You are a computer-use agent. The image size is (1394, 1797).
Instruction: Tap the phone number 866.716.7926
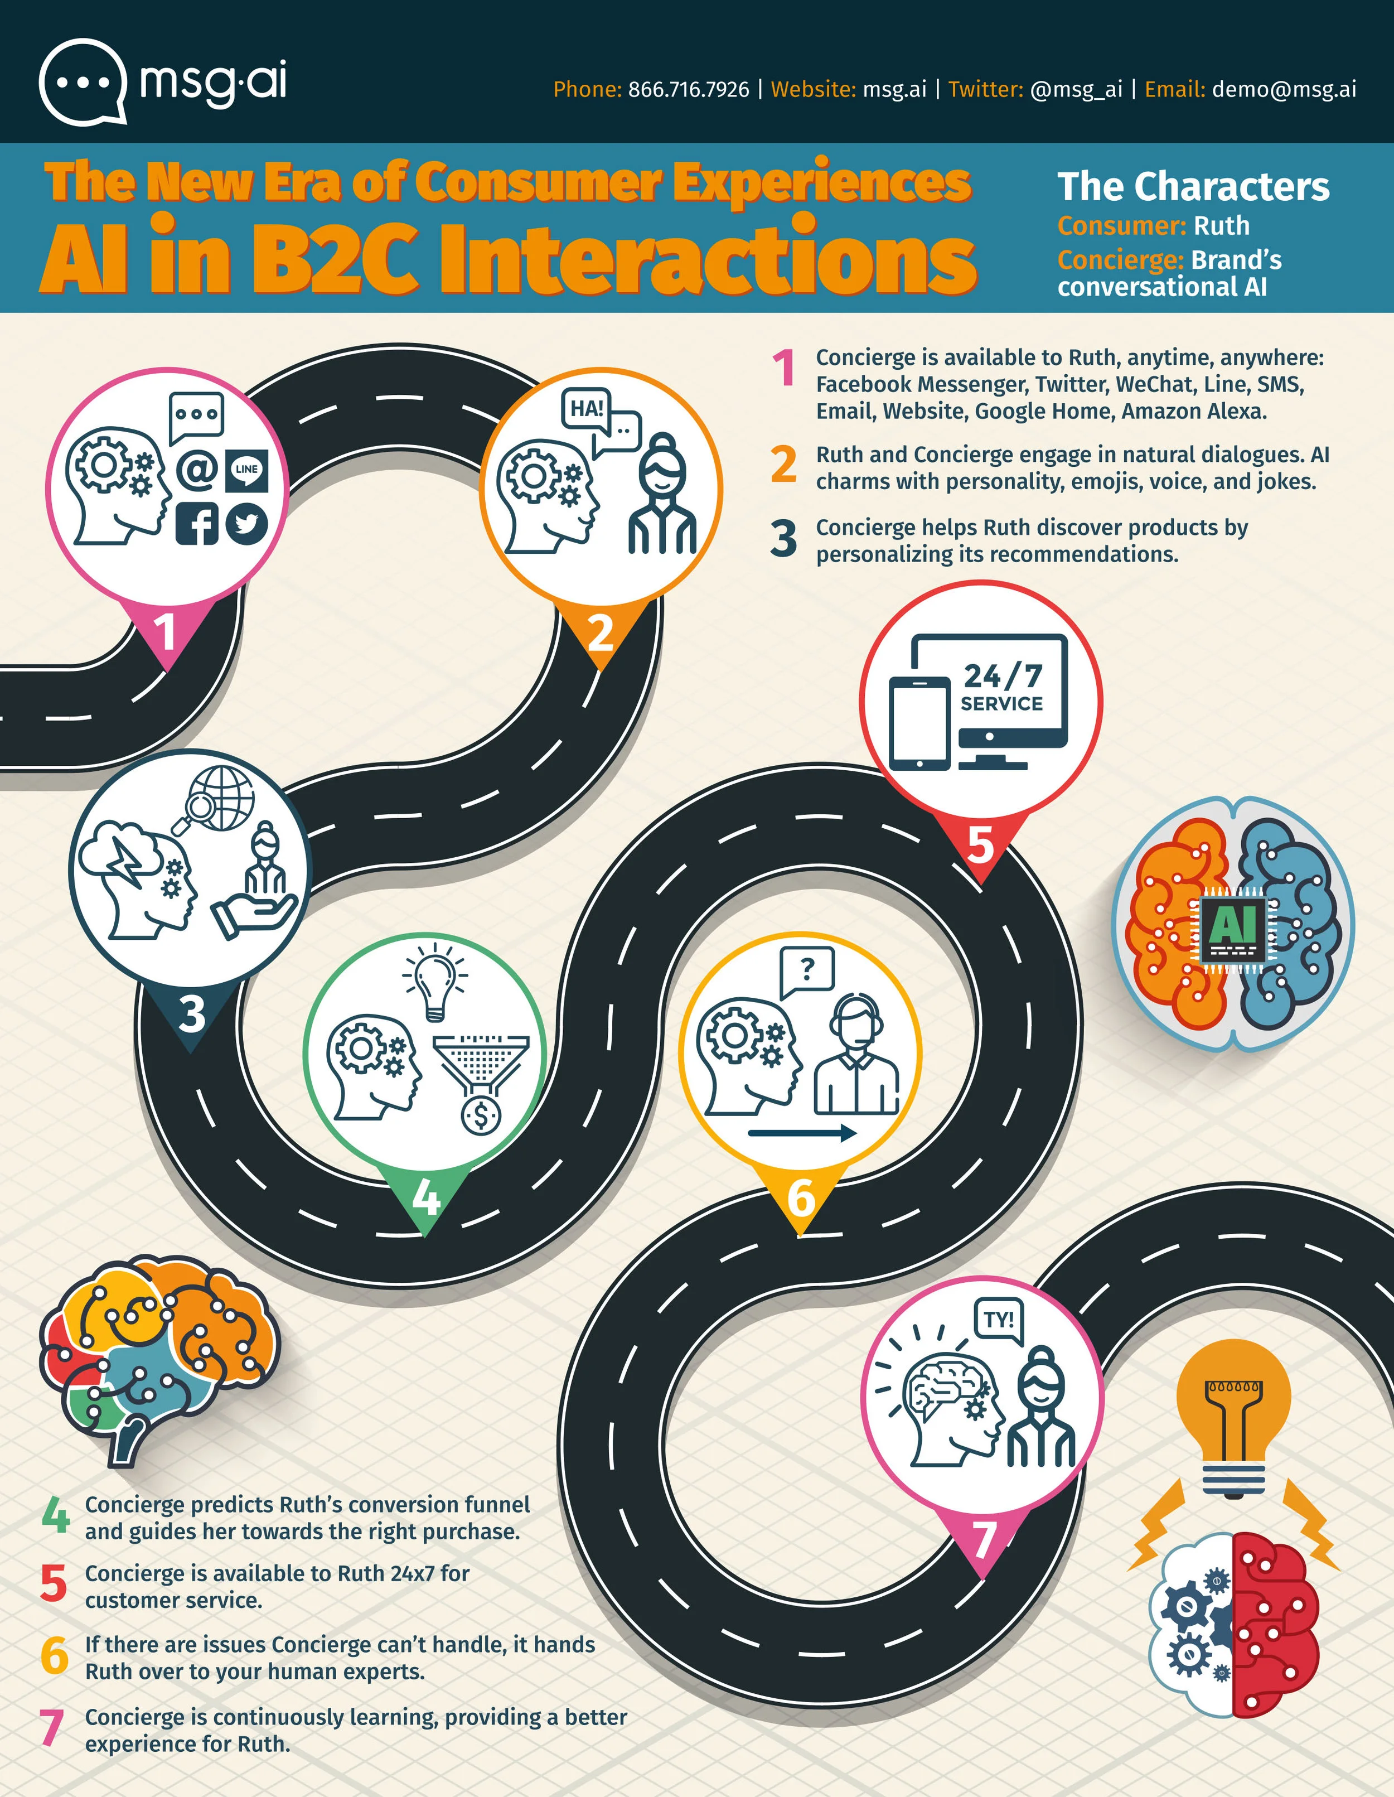tap(689, 89)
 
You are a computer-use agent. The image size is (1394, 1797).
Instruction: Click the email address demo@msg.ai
tap(1284, 89)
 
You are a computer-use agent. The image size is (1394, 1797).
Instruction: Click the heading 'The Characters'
tap(1193, 187)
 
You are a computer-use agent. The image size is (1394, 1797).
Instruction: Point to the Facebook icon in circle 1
tap(197, 523)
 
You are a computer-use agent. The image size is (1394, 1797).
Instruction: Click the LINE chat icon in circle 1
tap(246, 471)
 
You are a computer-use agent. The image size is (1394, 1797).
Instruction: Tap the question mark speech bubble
tap(807, 972)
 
